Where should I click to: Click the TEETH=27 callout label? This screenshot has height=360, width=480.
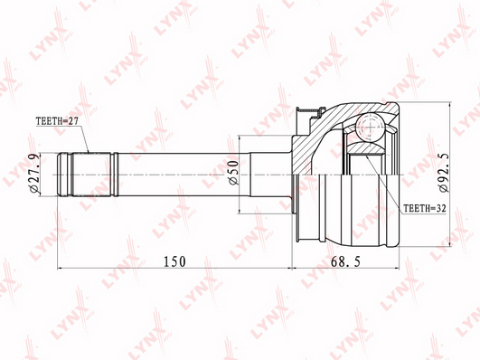pos(57,121)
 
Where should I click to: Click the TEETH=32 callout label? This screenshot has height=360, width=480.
pos(425,208)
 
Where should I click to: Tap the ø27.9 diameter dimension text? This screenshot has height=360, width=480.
pos(34,174)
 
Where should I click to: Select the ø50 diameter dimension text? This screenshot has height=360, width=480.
pos(233,173)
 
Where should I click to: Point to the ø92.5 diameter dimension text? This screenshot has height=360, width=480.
pos(444,173)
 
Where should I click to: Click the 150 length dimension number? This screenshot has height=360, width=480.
pos(174,261)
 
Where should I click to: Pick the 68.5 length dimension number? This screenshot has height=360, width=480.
pos(346,261)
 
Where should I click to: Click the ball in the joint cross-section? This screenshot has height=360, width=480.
pos(370,128)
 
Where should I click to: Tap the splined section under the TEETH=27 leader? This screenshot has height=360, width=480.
pos(90,174)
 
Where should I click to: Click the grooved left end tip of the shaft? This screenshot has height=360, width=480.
pos(63,174)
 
